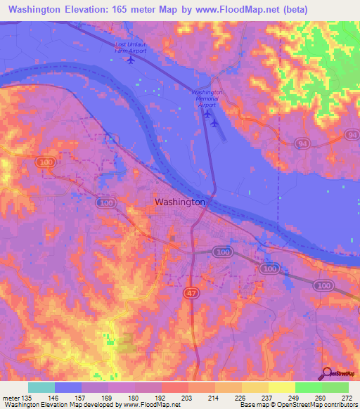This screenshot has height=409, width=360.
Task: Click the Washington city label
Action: tap(179, 202)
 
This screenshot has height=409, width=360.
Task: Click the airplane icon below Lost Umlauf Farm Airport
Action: tap(131, 60)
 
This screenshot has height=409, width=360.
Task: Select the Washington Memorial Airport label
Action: tap(207, 98)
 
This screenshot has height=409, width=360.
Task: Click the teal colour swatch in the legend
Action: tap(41, 387)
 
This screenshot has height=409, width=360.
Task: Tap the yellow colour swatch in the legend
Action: tap(255, 387)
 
